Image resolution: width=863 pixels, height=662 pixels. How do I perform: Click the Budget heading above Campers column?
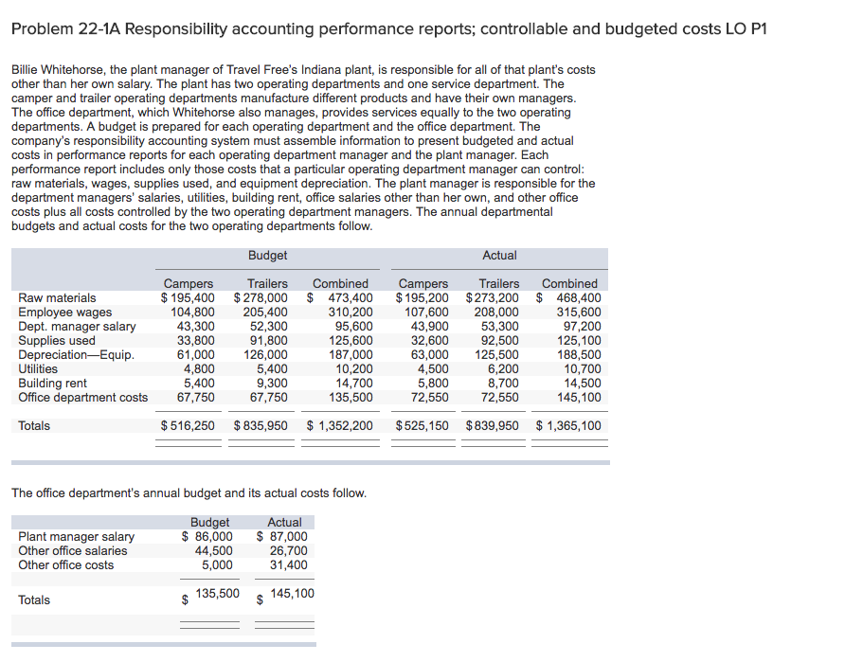coord(267,255)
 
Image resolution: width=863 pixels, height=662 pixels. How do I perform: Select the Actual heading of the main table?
coord(499,255)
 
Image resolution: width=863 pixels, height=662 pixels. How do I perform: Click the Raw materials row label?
coord(57,298)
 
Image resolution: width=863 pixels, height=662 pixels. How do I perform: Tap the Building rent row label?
coord(52,384)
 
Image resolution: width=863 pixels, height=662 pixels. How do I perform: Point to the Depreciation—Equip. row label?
coord(76,355)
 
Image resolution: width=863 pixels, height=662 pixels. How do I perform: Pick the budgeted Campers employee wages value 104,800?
coord(192,313)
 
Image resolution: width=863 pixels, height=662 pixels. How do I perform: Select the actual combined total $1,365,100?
coord(568,426)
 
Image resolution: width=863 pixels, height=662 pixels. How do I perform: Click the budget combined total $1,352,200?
coord(340,426)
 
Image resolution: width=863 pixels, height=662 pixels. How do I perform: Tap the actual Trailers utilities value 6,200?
coord(503,369)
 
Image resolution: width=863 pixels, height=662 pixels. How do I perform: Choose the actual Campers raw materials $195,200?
coord(423,298)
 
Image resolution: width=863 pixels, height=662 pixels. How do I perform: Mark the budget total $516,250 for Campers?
coord(188,426)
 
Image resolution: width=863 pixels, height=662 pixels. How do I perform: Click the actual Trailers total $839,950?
coord(493,426)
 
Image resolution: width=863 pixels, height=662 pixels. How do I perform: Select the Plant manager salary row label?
coord(77,537)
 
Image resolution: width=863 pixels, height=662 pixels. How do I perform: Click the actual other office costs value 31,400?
coord(288,565)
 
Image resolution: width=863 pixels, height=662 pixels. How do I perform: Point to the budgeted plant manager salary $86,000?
coord(207,537)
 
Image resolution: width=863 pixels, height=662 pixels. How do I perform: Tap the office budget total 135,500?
coord(217,594)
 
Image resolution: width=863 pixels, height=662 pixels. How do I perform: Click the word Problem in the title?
coord(43,28)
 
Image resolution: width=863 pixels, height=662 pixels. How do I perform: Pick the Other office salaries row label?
coord(73,551)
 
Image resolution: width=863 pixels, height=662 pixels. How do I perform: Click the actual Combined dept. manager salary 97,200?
coord(582,327)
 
